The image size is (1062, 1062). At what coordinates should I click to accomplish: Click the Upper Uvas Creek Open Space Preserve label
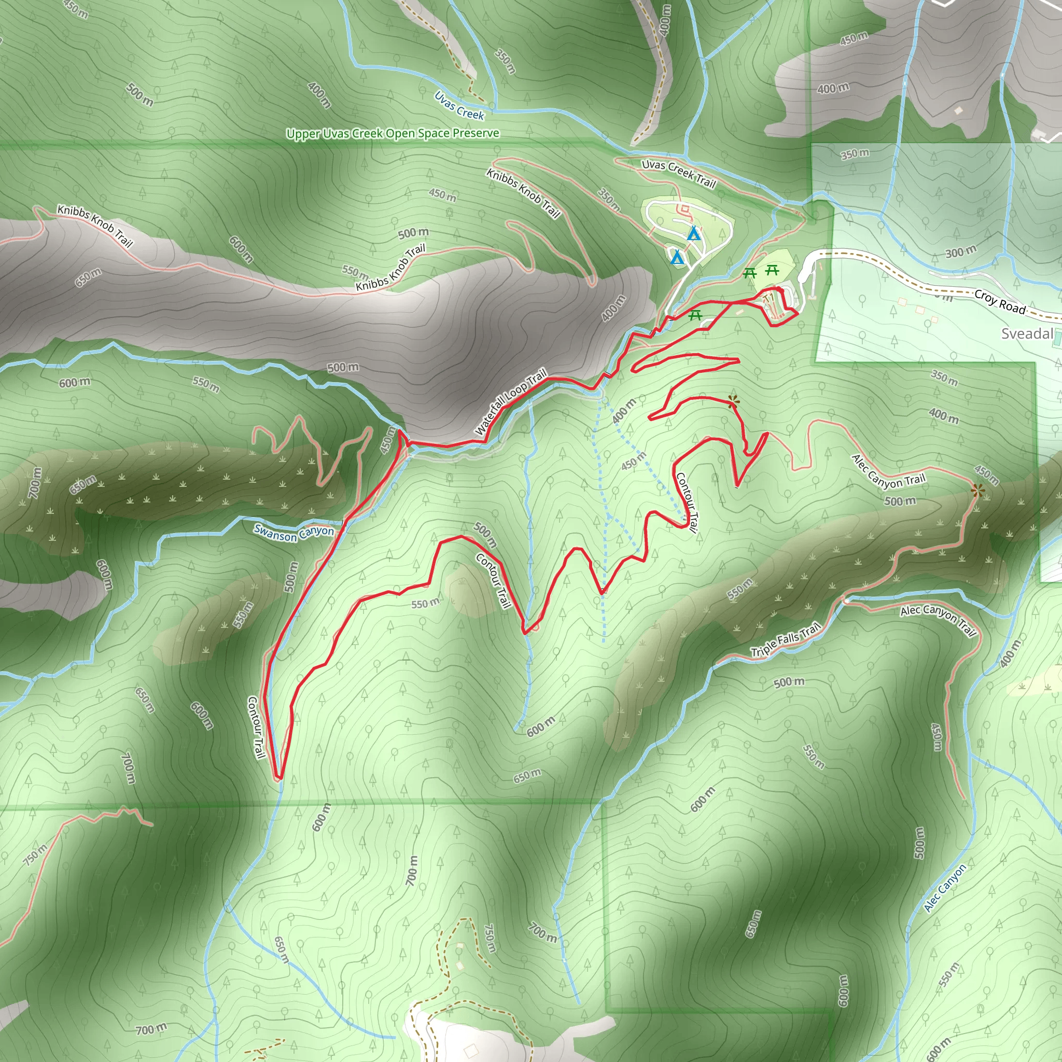tap(393, 134)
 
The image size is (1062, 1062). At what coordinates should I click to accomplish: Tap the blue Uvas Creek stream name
tap(459, 106)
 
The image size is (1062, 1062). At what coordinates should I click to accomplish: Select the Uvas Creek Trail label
tap(679, 173)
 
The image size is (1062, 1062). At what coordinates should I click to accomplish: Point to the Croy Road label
tap(1000, 302)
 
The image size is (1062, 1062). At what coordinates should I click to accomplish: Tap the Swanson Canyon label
tap(294, 533)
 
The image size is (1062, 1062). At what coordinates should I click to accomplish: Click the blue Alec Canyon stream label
tap(945, 888)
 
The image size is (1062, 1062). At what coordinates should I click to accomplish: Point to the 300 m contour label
tap(961, 253)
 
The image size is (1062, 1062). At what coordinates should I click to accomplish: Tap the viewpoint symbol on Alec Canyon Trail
tap(977, 491)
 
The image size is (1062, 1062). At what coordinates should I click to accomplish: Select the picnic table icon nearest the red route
tap(695, 315)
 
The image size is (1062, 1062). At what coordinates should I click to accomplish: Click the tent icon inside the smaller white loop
tap(677, 257)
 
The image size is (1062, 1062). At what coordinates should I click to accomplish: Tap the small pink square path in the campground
tap(684, 208)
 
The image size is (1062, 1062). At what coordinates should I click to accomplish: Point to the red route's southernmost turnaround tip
tap(278, 778)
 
